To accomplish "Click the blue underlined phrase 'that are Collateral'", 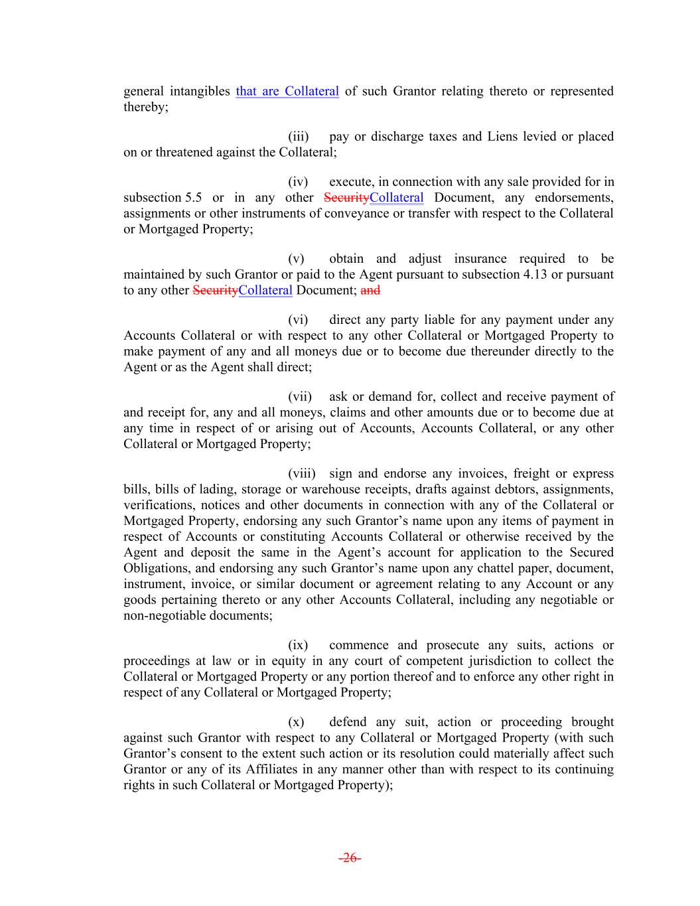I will (x=287, y=92).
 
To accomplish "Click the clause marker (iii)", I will (x=299, y=137).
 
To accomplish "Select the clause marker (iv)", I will (x=299, y=182).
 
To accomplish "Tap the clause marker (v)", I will (x=296, y=259).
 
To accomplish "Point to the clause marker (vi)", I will (x=299, y=320).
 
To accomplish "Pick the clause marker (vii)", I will (x=300, y=397).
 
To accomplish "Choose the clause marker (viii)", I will (x=302, y=474).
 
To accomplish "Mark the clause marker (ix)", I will (x=298, y=645).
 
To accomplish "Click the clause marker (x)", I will (x=296, y=722).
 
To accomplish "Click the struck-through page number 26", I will (x=350, y=858).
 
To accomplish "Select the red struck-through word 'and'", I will (x=370, y=290).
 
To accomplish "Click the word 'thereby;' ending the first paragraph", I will (x=146, y=108).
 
